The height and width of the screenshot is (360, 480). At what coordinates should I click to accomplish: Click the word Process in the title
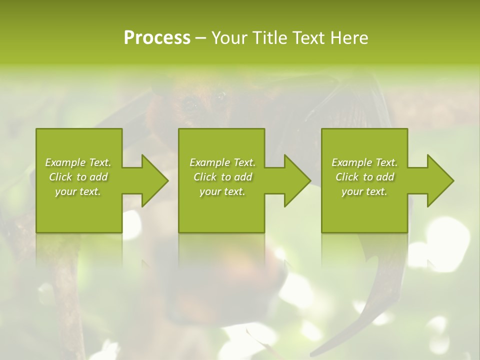[157, 38]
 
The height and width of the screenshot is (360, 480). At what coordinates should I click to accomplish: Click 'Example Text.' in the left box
[78, 162]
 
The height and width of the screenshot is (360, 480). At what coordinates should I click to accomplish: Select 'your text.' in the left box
[78, 191]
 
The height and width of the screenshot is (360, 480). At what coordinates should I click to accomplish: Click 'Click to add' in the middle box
[222, 177]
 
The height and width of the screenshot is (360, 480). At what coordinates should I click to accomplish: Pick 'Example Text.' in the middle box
[222, 162]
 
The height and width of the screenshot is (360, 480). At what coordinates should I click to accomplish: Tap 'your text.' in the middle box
[222, 191]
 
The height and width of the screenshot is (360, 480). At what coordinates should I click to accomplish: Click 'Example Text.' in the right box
[364, 162]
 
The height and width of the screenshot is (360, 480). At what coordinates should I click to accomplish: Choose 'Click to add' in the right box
[364, 177]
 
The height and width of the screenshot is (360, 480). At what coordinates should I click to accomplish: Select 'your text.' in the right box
[364, 191]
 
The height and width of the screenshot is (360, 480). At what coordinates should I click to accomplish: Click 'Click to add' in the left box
[78, 177]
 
